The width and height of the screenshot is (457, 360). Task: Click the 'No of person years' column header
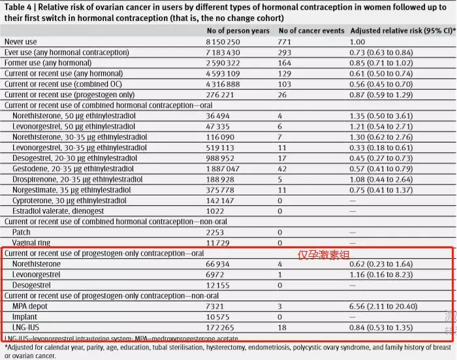coord(237,31)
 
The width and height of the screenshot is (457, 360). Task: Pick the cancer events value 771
coord(285,41)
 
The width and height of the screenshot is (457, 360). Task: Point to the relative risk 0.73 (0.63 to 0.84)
coord(386,51)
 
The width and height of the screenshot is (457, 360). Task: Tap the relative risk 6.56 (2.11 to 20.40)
coord(388,306)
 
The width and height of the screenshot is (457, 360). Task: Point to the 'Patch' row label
coord(22,232)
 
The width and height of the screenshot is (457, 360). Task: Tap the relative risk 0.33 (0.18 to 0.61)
coord(386,148)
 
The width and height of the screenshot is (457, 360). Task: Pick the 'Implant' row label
coord(25,316)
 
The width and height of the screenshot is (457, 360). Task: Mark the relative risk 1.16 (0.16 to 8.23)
coord(386,274)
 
